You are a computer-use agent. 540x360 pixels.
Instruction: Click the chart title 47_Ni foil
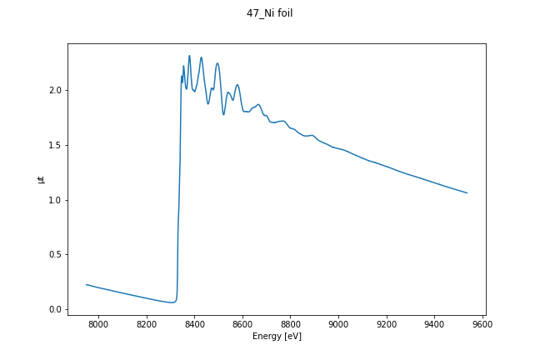[x=270, y=13]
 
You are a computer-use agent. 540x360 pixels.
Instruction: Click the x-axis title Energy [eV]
[x=277, y=336]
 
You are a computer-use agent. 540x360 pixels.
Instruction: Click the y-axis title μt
[x=41, y=178]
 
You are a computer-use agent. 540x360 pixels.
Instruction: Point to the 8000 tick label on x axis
[x=98, y=323]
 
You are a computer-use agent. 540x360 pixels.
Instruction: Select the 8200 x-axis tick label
[x=147, y=323]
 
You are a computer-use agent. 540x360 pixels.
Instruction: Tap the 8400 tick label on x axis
[x=194, y=323]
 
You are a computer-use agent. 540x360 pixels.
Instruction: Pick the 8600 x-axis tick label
[x=242, y=323]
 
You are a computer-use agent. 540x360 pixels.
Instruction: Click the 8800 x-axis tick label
[x=291, y=323]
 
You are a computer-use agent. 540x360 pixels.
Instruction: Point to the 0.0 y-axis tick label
[x=55, y=309]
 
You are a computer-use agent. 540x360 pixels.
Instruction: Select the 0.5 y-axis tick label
[x=55, y=254]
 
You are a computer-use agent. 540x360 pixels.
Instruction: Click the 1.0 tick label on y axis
[x=55, y=200]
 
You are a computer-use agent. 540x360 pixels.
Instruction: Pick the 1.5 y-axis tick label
[x=55, y=145]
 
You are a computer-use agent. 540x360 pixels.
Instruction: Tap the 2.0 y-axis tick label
[x=55, y=90]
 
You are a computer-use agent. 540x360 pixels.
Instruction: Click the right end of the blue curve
[x=467, y=193]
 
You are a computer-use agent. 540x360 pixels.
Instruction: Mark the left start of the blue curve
[x=87, y=284]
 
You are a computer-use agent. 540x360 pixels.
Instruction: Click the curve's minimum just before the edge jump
[x=172, y=302]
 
